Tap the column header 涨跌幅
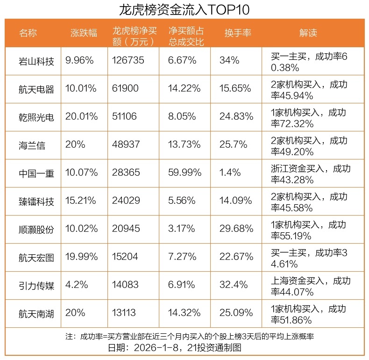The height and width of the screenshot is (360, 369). pyautogui.click(x=84, y=33)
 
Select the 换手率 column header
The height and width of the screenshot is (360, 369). pyautogui.click(x=238, y=33)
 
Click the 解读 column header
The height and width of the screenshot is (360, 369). pyautogui.click(x=308, y=33)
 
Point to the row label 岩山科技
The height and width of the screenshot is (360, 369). pyautogui.click(x=36, y=61)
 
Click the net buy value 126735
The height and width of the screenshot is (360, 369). pyautogui.click(x=128, y=60)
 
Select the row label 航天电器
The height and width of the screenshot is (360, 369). pyautogui.click(x=36, y=89)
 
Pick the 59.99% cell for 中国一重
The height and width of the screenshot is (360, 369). pyautogui.click(x=184, y=173)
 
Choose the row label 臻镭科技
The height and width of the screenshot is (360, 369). pyautogui.click(x=36, y=201)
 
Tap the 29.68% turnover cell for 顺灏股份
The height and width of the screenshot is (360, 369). pyautogui.click(x=236, y=229)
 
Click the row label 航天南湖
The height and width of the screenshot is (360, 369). pyautogui.click(x=36, y=313)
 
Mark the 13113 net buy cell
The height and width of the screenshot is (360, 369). pyautogui.click(x=125, y=313)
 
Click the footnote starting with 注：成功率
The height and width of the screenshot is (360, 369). pyautogui.click(x=184, y=337)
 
